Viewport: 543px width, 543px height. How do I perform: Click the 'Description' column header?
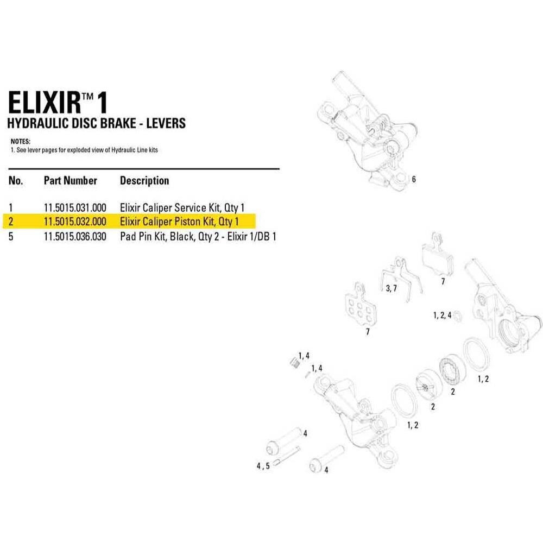(144, 181)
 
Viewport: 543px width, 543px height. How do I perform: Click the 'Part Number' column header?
(70, 181)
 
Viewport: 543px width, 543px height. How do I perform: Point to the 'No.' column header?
(16, 181)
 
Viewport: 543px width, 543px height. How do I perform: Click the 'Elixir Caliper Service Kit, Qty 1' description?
(182, 207)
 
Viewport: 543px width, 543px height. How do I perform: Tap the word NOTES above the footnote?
(21, 141)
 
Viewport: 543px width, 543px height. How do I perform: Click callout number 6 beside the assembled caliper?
(414, 180)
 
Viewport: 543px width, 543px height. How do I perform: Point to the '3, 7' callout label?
(392, 288)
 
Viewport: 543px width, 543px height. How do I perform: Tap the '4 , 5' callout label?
(263, 466)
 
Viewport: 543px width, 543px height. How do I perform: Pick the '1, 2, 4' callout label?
(442, 315)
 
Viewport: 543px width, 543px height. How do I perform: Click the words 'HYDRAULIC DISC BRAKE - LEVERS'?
(96, 123)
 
